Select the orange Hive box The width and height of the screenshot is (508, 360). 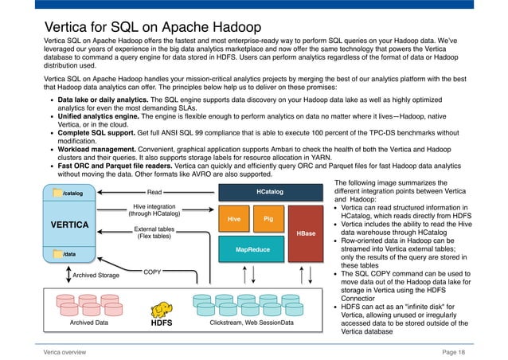pyautogui.click(x=234, y=217)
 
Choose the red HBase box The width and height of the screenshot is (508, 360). pyautogui.click(x=306, y=233)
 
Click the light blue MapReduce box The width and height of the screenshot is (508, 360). pyautogui.click(x=251, y=249)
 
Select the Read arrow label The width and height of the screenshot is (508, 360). pyautogui.click(x=154, y=192)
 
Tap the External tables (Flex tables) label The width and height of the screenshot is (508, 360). pyautogui.click(x=154, y=233)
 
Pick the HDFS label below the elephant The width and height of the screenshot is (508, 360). pyautogui.click(x=162, y=324)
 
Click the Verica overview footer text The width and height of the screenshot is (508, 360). pyautogui.click(x=65, y=351)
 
